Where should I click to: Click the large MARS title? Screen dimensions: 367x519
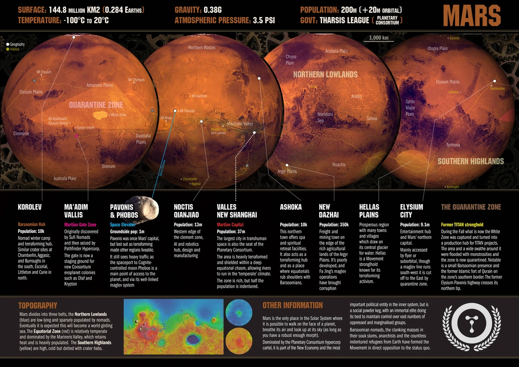(472, 16)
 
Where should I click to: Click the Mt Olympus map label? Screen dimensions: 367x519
(136, 80)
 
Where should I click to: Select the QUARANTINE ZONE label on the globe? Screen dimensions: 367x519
(96, 105)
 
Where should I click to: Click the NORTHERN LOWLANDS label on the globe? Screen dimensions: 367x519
(325, 74)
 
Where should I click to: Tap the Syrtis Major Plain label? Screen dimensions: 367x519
(410, 108)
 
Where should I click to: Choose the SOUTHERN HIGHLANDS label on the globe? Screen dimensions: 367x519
(471, 161)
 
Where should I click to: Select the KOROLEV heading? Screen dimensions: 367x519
(30, 207)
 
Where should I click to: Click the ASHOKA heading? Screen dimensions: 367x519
(291, 207)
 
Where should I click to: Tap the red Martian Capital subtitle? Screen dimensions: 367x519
(230, 225)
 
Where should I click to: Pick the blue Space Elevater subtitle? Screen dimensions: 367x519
(122, 225)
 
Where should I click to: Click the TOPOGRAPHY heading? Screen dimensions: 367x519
(38, 305)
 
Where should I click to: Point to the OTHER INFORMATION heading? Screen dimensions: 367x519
(292, 305)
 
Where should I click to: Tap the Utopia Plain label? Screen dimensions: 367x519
(437, 48)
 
